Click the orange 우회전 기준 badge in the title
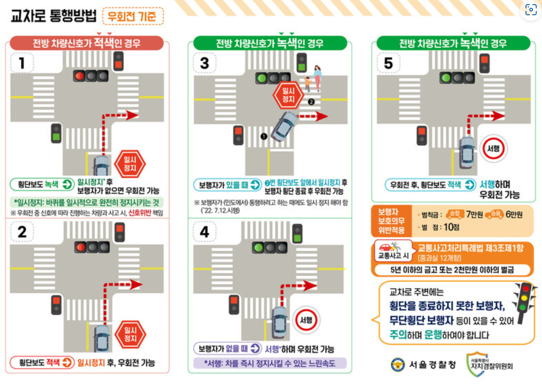coord(133,16)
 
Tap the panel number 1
coord(22,63)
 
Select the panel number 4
coord(205,232)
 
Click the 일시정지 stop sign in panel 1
coord(130,164)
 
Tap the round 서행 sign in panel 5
coord(494,149)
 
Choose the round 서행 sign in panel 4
coord(306,320)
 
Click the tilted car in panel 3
coord(284,126)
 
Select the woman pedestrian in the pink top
coord(317,78)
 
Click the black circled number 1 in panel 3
coord(264,136)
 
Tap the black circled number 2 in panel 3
coord(311,102)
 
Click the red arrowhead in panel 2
coord(137,285)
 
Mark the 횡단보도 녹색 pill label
coord(42,184)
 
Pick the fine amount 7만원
coord(474,215)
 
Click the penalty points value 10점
coord(452,227)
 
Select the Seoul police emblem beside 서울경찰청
coord(398,365)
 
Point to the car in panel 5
coord(467,153)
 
